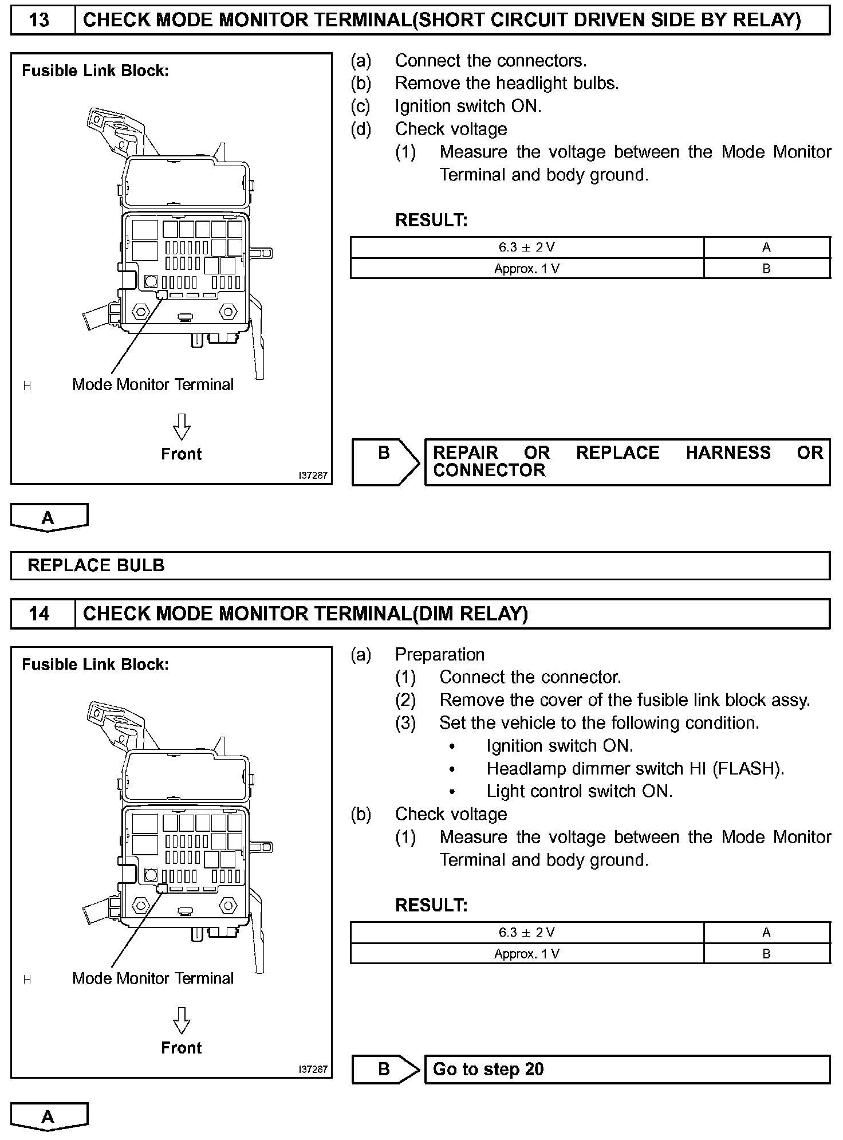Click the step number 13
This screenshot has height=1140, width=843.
pos(39,21)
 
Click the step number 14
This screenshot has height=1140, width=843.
pos(39,614)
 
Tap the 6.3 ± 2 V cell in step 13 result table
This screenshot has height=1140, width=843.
pos(526,247)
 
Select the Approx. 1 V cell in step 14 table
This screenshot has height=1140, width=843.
pos(526,954)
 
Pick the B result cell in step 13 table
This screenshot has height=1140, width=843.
pos(766,269)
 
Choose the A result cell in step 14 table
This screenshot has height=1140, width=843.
pos(766,933)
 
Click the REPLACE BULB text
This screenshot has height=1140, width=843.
pos(96,565)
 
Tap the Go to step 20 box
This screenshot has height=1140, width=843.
pos(627,1070)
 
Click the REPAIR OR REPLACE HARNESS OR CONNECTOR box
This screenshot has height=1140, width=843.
pos(627,462)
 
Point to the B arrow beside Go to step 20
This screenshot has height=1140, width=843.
pos(385,1070)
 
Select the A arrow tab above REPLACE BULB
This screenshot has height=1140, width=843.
pos(49,517)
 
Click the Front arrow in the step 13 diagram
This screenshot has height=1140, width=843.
pos(181,427)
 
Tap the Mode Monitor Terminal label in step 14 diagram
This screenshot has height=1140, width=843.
pos(153,978)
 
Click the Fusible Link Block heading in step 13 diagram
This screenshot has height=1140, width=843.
pos(95,71)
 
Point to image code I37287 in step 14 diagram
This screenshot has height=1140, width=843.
pos(313,1070)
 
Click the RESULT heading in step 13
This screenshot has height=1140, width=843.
pos(431,220)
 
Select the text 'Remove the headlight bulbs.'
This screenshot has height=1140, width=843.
pos(507,84)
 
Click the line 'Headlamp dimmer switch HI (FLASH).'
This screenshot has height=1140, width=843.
pos(635,769)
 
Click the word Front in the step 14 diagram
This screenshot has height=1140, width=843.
pos(181,1048)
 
